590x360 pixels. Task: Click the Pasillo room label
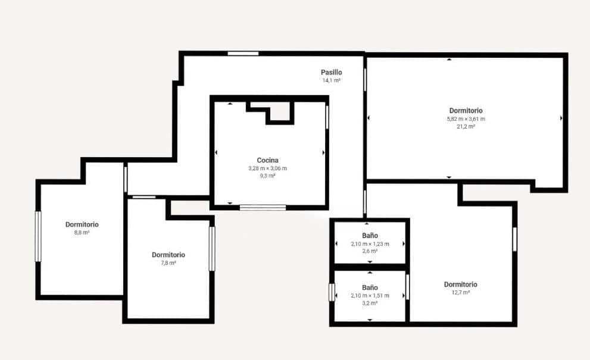[332, 72]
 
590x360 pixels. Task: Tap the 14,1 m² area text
[332, 80]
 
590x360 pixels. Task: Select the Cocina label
[267, 160]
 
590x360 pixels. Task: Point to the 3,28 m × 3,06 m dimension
[267, 168]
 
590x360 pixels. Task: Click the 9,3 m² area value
[267, 176]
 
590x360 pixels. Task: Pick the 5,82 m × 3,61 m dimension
[466, 118]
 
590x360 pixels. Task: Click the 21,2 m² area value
[466, 126]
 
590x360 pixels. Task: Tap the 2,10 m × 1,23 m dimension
[370, 244]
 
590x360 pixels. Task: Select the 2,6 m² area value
[370, 251]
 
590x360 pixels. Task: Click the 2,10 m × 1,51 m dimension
[370, 296]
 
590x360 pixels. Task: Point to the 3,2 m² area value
[370, 303]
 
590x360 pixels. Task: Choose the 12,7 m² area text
[460, 292]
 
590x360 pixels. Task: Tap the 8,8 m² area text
[82, 233]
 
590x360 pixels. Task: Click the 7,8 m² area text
[168, 262]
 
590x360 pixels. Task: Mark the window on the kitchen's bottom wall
[263, 208]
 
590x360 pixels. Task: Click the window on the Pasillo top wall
[243, 54]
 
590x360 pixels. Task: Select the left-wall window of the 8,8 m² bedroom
[38, 236]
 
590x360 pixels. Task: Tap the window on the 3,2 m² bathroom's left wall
[332, 292]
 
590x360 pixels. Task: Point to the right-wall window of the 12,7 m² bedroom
[514, 239]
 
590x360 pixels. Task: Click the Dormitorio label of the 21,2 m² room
[466, 111]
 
